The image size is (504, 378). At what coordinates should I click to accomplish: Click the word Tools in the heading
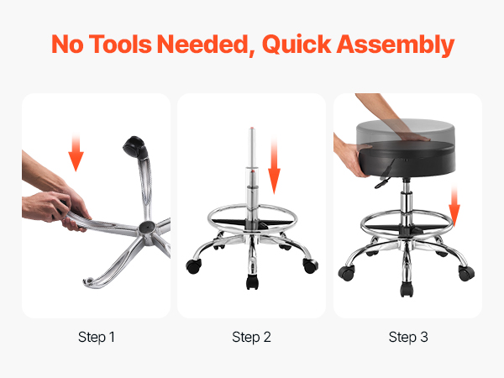click(119, 44)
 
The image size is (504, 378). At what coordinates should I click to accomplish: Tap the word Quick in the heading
click(297, 44)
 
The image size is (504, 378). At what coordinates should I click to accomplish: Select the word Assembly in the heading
click(396, 45)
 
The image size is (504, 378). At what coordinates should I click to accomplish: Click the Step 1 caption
click(97, 337)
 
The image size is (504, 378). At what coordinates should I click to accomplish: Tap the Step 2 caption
click(251, 337)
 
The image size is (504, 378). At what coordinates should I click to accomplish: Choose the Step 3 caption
click(408, 337)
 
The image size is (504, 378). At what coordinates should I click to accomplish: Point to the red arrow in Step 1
click(76, 152)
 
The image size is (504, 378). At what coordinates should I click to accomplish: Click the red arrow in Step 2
click(274, 165)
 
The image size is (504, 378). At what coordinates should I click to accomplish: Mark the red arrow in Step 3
click(454, 207)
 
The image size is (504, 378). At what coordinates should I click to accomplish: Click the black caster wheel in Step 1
click(135, 147)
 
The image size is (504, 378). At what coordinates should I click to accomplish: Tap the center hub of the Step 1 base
click(147, 228)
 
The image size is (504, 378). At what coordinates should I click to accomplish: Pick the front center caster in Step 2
click(252, 282)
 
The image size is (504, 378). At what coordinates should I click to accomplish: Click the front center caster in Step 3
click(407, 289)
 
